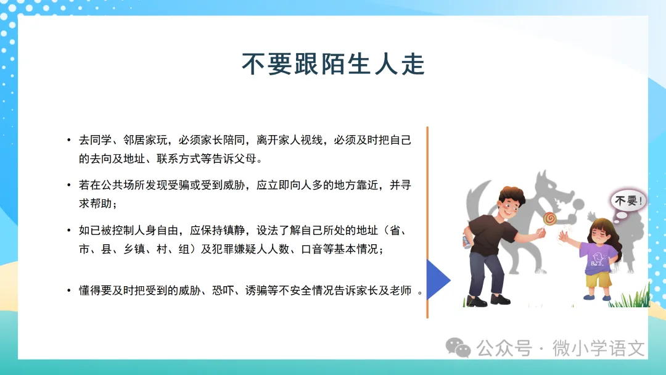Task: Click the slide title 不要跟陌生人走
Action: coord(334,65)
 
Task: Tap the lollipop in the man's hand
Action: coord(549,218)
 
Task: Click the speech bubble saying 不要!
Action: coord(628,200)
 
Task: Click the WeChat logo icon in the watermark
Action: coord(458,348)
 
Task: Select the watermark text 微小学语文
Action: coord(598,348)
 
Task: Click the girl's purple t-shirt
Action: coord(599,258)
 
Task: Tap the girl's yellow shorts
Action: coord(598,279)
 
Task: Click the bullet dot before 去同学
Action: coord(69,140)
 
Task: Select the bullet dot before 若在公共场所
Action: coord(69,185)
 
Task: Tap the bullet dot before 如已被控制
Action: coord(69,230)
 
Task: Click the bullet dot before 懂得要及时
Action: coord(69,291)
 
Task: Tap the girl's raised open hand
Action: coord(564,236)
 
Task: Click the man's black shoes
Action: coord(488,300)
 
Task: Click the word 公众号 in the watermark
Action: coord(504,348)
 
